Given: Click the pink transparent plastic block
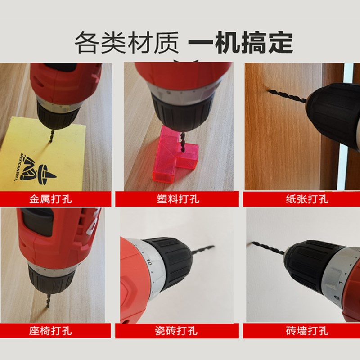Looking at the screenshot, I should (x=175, y=156).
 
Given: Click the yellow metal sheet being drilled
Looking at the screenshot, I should (x=54, y=153).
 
